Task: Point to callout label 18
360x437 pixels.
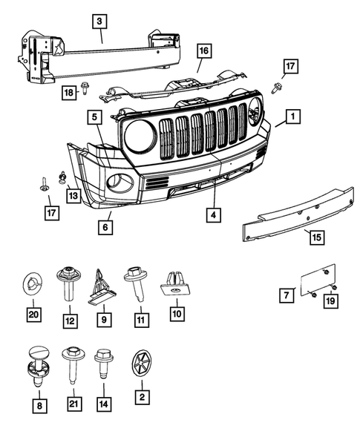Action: (68, 91)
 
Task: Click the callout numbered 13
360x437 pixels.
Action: (73, 196)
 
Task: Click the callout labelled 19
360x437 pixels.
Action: (330, 300)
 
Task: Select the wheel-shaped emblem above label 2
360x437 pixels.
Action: (140, 362)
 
